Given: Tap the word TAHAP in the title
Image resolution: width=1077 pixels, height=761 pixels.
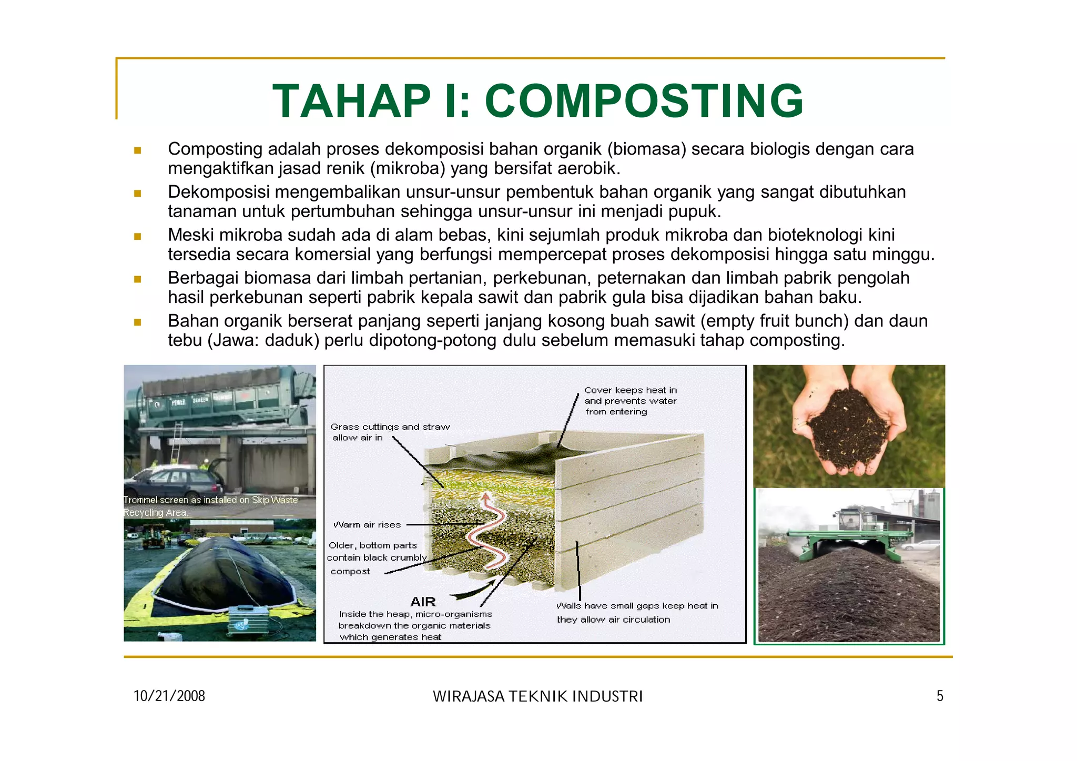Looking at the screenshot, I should pos(351,101).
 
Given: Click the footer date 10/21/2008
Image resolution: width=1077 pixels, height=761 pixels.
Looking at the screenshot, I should pos(169,696).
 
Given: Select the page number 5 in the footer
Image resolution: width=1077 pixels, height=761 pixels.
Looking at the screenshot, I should pos(940,696).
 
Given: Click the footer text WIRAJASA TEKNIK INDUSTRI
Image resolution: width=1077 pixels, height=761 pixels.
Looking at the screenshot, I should pos(537,697).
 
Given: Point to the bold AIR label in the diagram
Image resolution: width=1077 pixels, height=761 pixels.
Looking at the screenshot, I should pos(423,602).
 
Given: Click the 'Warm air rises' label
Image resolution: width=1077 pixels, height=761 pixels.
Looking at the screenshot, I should pos(367,525).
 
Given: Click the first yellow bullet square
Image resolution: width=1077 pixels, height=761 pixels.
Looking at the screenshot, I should pos(138,150).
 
